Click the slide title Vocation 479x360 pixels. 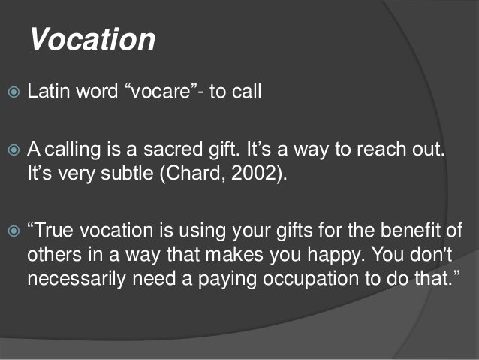(92, 38)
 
